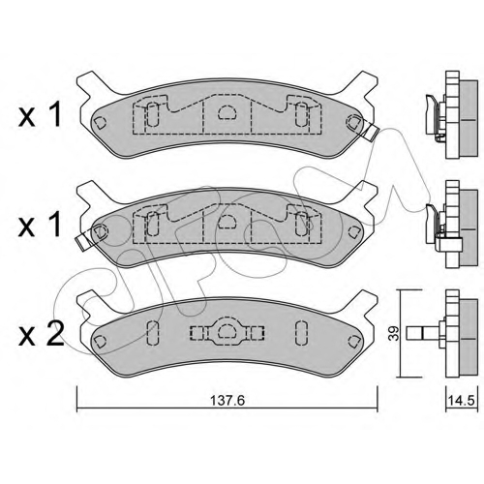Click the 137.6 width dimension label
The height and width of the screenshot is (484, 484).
(227, 401)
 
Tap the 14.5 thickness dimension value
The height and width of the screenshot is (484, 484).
(462, 401)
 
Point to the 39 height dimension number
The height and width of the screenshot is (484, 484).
(394, 333)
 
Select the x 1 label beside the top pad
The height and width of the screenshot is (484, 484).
(40, 115)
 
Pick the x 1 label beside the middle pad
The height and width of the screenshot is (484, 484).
(40, 225)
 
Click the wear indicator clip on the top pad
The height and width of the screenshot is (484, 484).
(371, 132)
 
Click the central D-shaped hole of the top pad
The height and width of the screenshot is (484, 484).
(227, 111)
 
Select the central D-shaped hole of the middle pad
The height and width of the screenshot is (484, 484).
(227, 222)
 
